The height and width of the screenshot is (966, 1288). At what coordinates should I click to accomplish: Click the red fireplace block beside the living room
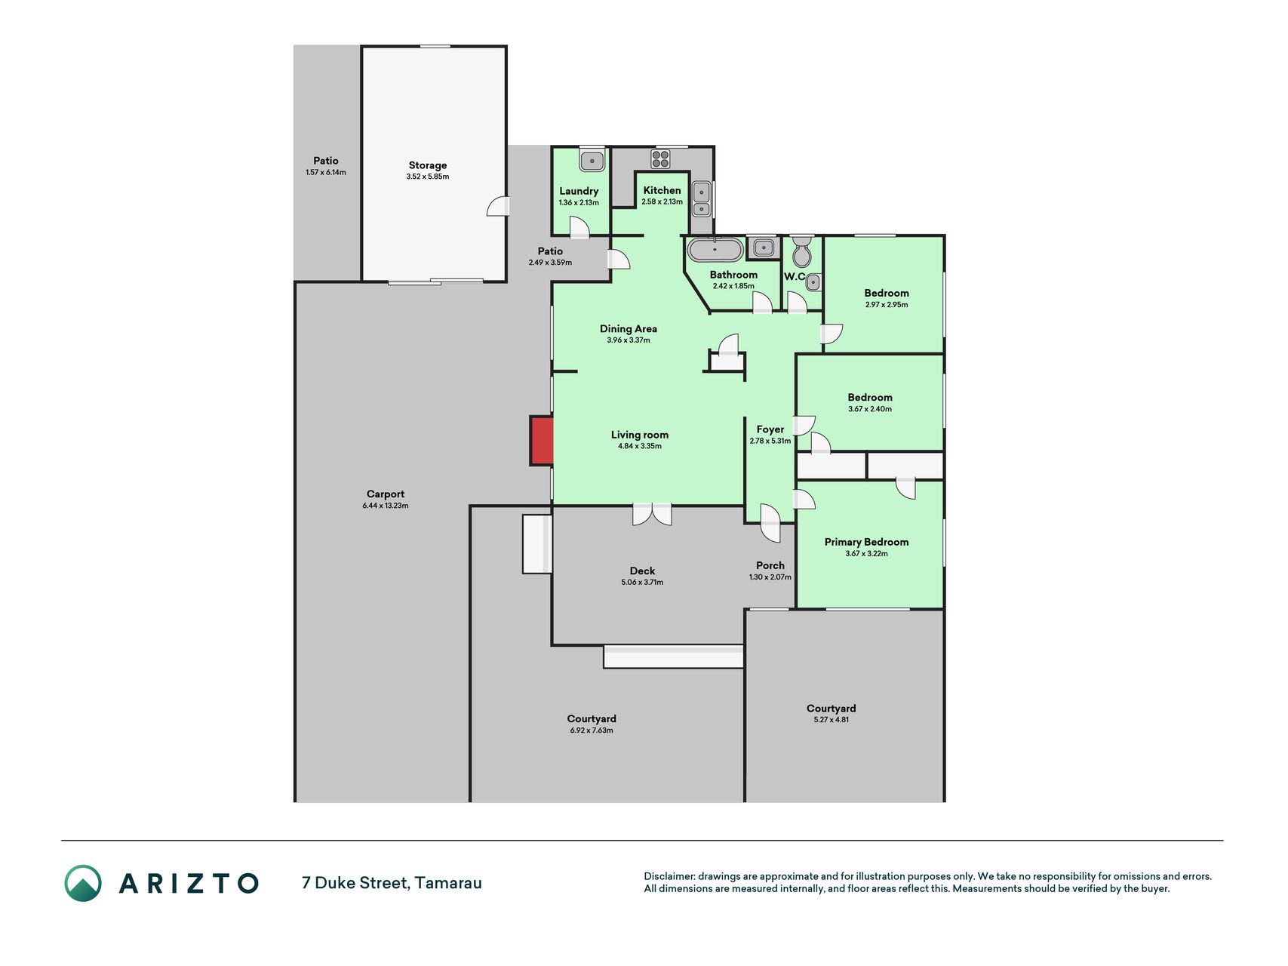point(542,441)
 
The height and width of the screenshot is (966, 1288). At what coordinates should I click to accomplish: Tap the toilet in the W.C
point(802,252)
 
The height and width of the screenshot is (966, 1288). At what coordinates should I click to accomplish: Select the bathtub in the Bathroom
point(715,249)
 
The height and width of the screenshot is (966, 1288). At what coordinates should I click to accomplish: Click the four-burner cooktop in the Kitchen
point(660,159)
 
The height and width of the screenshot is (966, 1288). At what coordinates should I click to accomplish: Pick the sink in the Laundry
point(592,160)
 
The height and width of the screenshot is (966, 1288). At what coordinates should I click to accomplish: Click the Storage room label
point(428,165)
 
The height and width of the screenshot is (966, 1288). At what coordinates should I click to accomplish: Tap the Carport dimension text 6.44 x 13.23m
point(386,506)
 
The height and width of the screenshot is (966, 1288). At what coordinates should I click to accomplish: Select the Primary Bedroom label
point(866,542)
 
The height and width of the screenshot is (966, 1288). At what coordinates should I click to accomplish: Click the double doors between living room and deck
point(652,515)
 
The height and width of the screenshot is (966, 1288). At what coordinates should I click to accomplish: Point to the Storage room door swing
point(498,206)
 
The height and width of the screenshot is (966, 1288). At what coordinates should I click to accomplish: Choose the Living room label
point(640,435)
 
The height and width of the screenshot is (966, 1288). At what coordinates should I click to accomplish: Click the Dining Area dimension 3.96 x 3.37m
point(629,340)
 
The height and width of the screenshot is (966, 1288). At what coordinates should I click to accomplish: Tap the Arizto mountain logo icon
point(83,883)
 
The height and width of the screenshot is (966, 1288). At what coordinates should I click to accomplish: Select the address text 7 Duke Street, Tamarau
point(392,883)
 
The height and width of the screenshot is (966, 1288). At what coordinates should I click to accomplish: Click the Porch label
point(770,565)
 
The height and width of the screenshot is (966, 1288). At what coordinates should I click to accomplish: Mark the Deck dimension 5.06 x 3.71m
point(642,583)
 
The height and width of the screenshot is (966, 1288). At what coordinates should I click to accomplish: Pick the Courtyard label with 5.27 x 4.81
point(831,708)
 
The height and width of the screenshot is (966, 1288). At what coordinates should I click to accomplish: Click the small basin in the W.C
point(813,282)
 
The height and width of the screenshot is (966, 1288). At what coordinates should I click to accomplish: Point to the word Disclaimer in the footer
point(669,876)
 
